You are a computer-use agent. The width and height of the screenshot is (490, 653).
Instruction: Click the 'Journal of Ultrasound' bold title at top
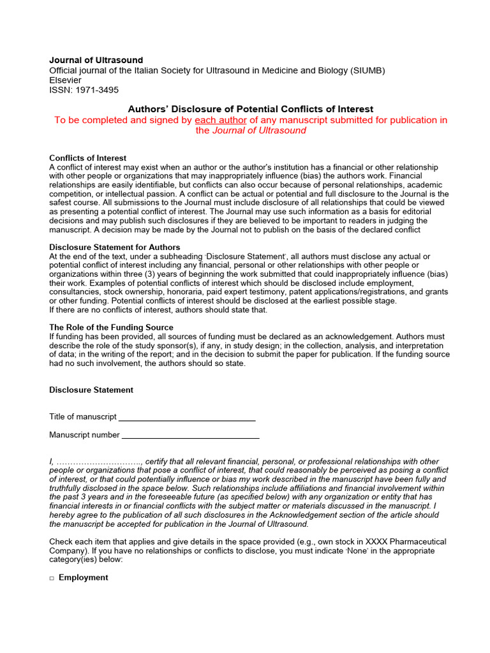pos(96,61)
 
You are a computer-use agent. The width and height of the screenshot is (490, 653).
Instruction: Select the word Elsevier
pos(66,80)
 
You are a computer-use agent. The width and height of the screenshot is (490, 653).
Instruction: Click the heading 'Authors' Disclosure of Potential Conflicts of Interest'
pos(251,109)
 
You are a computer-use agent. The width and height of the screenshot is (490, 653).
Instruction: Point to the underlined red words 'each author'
pos(221,120)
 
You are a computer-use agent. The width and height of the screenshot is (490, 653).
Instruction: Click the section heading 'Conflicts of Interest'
pos(88,158)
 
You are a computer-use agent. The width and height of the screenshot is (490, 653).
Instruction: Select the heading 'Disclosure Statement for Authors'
pos(115,247)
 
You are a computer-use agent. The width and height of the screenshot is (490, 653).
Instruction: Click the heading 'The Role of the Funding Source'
pos(112,327)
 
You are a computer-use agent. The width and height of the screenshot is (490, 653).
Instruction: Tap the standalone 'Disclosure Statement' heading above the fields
pos(91,390)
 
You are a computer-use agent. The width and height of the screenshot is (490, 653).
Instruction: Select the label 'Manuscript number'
pos(84,435)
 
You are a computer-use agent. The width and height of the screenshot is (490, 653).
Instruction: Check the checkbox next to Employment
pos(52,578)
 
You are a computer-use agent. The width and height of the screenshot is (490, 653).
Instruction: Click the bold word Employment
pos(83,577)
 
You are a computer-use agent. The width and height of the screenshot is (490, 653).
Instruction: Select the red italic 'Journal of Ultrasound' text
pos(259,131)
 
